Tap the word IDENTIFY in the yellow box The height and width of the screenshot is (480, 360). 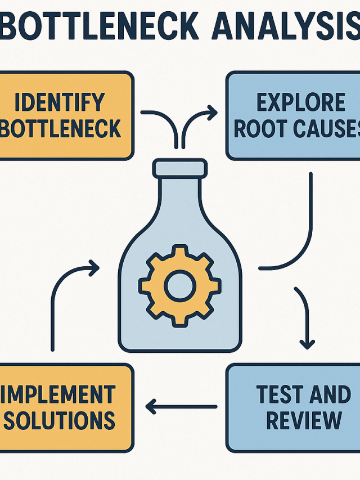[60, 103]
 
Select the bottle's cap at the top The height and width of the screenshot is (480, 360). [179, 168]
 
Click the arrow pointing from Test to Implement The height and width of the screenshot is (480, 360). [181, 406]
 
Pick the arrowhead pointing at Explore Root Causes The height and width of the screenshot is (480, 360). [211, 113]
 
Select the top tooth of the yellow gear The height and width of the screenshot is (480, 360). [179, 252]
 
